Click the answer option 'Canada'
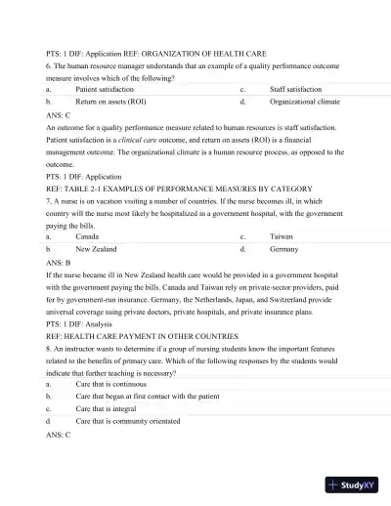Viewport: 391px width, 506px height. click(87, 236)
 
